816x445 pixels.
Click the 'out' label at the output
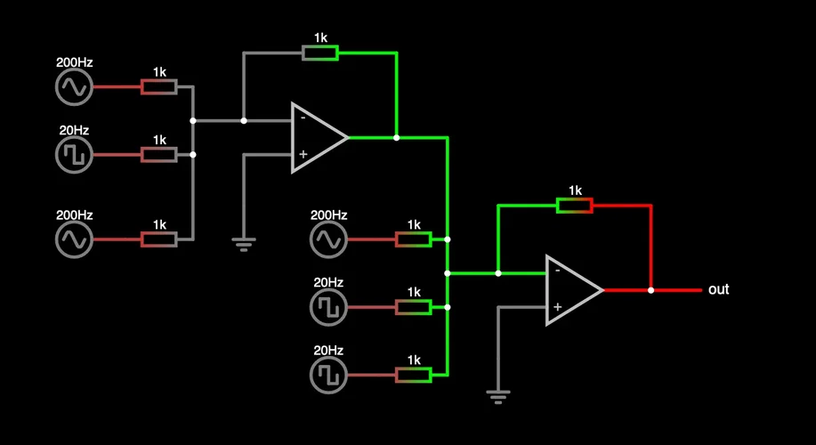718,290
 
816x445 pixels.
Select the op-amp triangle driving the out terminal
571,290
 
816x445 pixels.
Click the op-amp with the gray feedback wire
317,138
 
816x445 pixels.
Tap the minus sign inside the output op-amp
557,270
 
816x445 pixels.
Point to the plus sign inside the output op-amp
557,307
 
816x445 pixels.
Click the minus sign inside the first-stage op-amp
303,117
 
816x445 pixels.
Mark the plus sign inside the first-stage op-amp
303,155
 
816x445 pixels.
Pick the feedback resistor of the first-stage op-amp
320,53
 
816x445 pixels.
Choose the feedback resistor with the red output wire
575,206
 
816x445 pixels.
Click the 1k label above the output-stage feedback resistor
575,190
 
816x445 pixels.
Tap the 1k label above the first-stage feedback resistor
320,38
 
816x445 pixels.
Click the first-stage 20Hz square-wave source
75,155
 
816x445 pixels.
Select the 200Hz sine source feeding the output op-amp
328,239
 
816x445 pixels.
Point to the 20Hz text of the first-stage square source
75,131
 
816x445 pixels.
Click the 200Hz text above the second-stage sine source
328,215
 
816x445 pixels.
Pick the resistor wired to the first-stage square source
159,155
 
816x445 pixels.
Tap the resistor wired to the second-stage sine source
414,239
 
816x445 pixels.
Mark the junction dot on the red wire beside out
651,290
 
